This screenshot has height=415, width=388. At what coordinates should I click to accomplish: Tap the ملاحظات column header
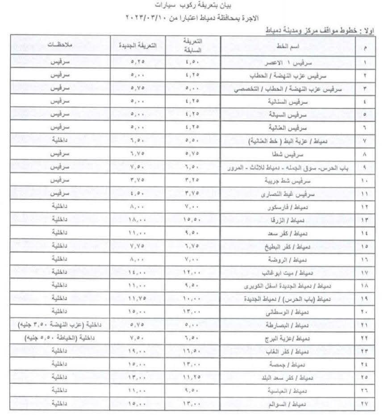pos(58,46)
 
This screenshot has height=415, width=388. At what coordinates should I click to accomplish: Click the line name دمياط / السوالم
pos(288,404)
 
